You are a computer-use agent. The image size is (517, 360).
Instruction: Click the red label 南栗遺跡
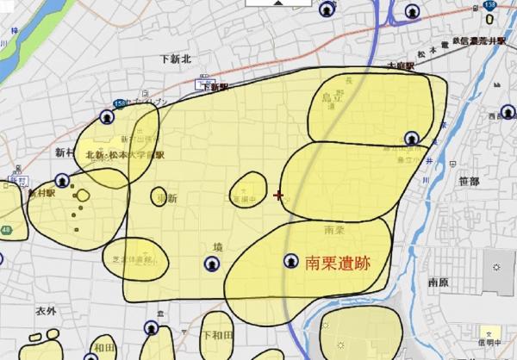(x=338, y=263)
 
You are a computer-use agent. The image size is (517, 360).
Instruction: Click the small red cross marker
(x=277, y=196)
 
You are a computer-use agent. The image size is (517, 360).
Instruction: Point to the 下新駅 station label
(x=215, y=86)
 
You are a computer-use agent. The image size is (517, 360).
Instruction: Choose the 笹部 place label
(x=470, y=181)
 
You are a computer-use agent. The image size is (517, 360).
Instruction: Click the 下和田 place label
(x=217, y=334)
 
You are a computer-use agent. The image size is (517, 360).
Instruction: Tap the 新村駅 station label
(x=41, y=194)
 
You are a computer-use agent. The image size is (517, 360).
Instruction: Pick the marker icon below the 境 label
(x=212, y=264)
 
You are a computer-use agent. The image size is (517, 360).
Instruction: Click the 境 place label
(x=218, y=246)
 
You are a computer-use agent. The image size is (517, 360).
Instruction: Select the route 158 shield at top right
(x=490, y=5)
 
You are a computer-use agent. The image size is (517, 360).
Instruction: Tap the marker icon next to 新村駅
(x=62, y=181)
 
